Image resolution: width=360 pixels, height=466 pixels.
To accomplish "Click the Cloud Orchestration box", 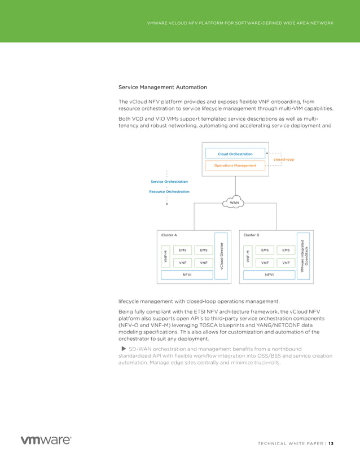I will (235, 154).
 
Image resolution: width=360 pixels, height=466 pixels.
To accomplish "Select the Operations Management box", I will (235, 166).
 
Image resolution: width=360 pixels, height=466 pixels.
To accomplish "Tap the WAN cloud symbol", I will (234, 203).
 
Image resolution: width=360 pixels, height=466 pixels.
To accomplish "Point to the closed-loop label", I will (283, 160).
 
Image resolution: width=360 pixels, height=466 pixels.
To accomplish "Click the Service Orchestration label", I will (169, 182).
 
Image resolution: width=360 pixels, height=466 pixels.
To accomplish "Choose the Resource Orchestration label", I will (169, 192).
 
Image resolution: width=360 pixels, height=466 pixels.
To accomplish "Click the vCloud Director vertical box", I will (221, 256).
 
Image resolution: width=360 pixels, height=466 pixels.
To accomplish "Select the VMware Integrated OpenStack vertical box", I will (304, 255).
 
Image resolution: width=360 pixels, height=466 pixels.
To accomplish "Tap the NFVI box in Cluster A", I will (187, 275).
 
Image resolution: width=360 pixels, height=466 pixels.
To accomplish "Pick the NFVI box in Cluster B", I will (269, 275).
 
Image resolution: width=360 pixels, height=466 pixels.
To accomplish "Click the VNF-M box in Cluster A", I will (166, 256).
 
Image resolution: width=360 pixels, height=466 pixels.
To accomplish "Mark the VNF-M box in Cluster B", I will (248, 256).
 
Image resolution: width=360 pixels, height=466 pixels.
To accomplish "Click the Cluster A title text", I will (169, 235).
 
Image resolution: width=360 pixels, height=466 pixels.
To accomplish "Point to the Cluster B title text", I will (251, 235).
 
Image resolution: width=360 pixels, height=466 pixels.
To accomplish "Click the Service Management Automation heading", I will (163, 87).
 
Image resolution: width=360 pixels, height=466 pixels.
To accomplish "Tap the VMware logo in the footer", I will (46, 440).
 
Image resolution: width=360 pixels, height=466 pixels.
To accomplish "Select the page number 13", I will (331, 443).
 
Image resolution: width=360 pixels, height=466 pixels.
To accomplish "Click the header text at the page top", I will (240, 23).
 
